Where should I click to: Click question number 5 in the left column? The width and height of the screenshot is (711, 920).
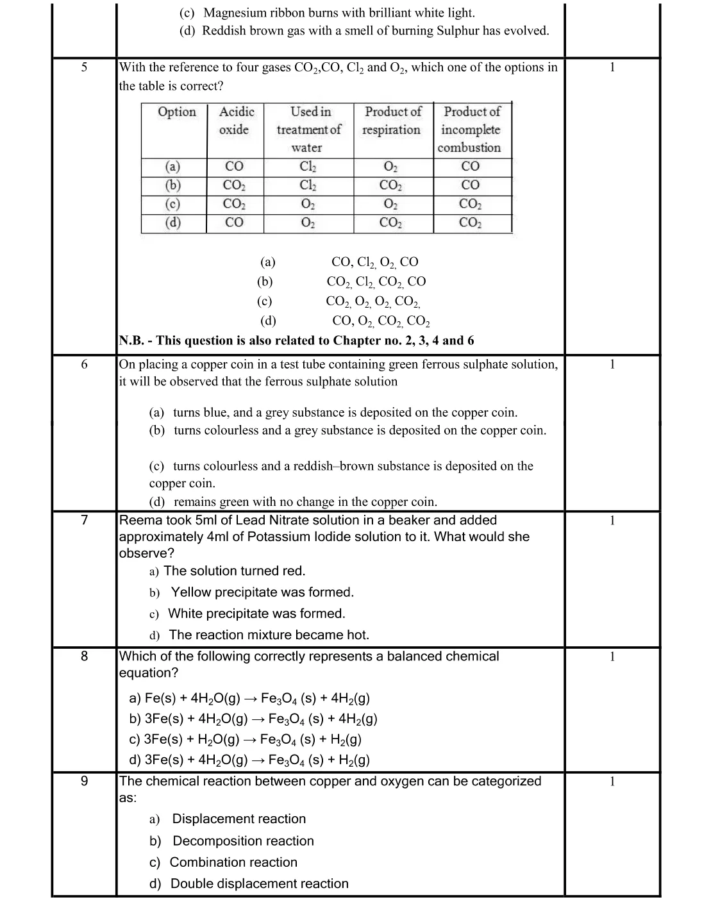[x=84, y=67]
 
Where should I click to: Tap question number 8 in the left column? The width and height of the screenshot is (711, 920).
[x=84, y=656]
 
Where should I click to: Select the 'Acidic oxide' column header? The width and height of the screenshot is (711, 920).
[x=236, y=121]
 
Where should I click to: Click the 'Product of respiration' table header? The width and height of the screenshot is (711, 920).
[x=392, y=121]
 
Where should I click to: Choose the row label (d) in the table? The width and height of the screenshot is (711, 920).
[x=173, y=222]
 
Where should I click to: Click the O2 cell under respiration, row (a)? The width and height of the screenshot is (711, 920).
[x=390, y=167]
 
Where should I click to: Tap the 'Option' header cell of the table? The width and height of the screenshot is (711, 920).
[x=177, y=112]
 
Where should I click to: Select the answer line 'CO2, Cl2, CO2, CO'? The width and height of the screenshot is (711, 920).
[x=376, y=281]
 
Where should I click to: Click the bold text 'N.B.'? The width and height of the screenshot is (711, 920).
[x=131, y=340]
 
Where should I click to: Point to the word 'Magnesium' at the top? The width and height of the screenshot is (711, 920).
[x=234, y=13]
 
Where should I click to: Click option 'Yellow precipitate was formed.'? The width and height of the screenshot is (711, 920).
[x=262, y=592]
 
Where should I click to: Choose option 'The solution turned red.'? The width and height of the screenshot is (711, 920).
[x=235, y=571]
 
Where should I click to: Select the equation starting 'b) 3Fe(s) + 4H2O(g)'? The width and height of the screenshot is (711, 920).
[x=253, y=719]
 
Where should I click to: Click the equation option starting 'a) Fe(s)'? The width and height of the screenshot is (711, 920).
[x=249, y=698]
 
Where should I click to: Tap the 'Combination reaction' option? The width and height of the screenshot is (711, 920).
[x=233, y=862]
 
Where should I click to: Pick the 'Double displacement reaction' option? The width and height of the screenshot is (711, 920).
[x=259, y=883]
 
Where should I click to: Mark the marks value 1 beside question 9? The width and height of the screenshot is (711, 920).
[x=612, y=782]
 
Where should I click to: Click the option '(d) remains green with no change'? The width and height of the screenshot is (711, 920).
[x=293, y=502]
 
